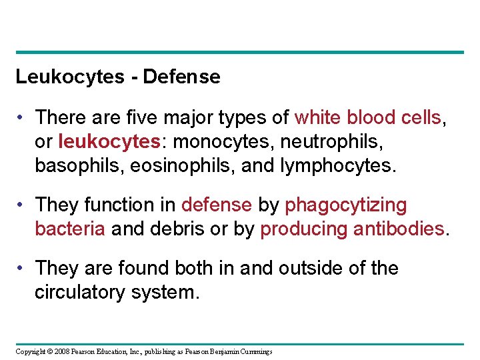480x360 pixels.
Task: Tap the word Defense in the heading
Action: [181, 77]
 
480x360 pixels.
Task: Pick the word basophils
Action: [73, 165]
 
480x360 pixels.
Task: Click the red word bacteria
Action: [70, 229]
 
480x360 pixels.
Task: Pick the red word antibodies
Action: [399, 229]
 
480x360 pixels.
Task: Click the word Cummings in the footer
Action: [255, 351]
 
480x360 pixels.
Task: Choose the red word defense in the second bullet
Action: [217, 205]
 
